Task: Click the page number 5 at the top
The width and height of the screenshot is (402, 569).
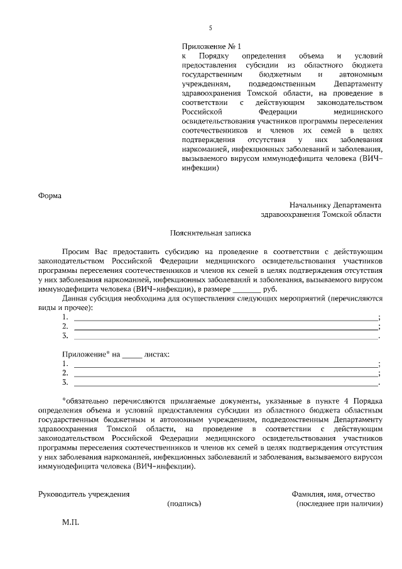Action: [210, 28]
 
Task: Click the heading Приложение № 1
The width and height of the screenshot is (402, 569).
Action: [211, 47]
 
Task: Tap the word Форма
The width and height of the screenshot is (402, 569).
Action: [50, 195]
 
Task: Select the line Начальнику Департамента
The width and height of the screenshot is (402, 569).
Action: [335, 205]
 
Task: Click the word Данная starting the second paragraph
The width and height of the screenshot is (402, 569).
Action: [75, 298]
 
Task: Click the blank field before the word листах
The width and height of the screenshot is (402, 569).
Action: [132, 355]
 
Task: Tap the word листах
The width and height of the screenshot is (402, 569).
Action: [157, 355]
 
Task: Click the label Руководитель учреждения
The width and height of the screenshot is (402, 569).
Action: [84, 494]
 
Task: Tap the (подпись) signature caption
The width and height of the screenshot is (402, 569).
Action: [184, 504]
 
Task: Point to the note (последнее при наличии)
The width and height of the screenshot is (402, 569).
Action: [339, 504]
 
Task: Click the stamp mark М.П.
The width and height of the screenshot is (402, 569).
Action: [70, 522]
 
